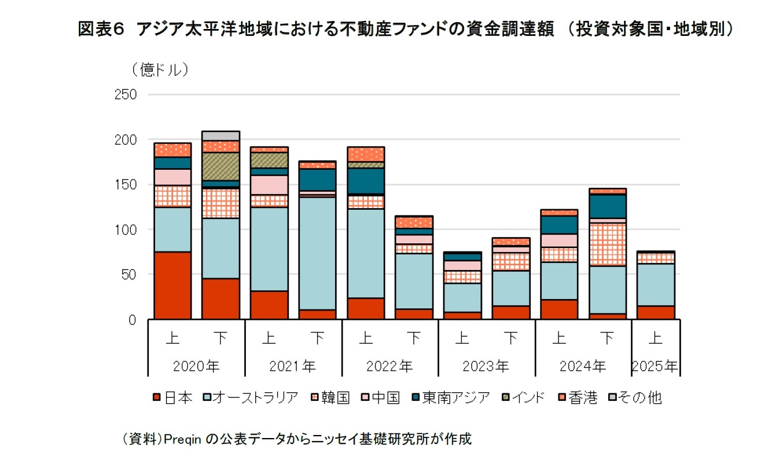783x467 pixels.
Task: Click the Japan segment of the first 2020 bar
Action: (172, 285)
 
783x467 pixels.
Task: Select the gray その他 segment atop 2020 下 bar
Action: (220, 136)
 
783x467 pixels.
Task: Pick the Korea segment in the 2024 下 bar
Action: (607, 244)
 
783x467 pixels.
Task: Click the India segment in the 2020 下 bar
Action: (220, 166)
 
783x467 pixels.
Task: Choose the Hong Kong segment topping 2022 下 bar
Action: (414, 222)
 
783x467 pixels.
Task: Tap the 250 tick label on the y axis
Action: (126, 94)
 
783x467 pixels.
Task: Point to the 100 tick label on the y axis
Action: (126, 229)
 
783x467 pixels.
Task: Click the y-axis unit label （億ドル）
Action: (156, 70)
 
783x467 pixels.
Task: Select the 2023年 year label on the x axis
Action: (486, 366)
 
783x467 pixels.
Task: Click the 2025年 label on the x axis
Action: (655, 366)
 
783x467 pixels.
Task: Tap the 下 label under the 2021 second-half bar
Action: (317, 338)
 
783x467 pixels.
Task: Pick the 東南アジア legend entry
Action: (450, 397)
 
